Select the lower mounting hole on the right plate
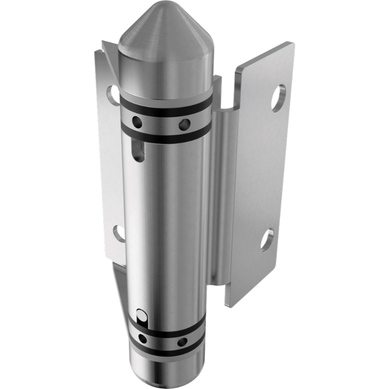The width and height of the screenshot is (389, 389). [x=266, y=239]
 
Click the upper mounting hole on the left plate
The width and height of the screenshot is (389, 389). [x=112, y=92]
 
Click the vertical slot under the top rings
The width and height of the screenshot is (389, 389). [x=139, y=148]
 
